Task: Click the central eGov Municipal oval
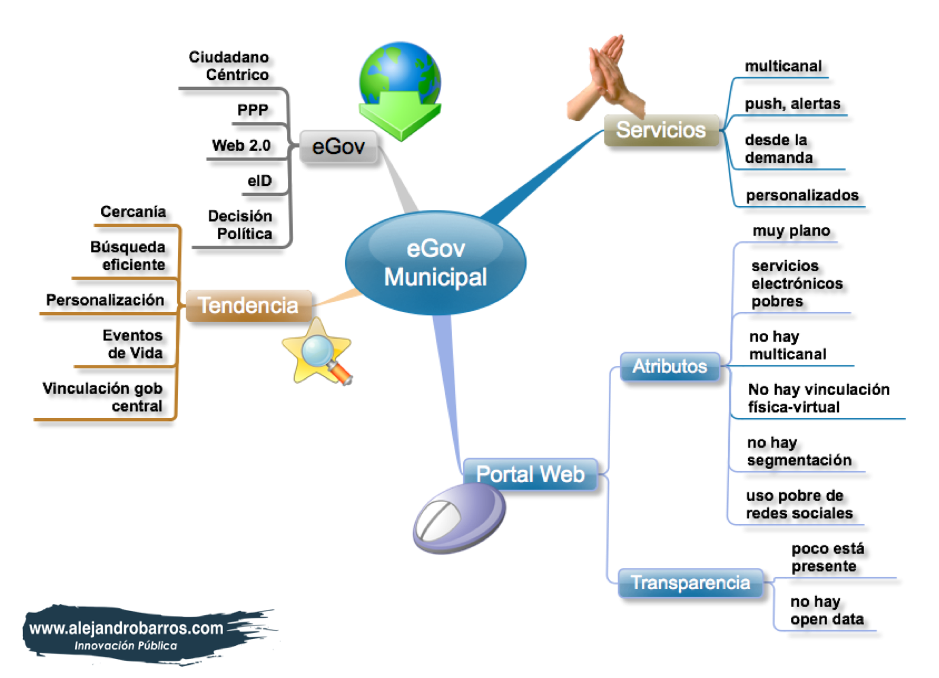[x=435, y=263]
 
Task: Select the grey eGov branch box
[x=338, y=146]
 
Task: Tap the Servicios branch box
[x=661, y=130]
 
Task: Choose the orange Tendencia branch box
[x=249, y=306]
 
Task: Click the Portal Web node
[x=530, y=474]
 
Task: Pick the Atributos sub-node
[x=670, y=367]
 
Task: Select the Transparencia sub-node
[x=690, y=583]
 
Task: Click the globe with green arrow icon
[x=400, y=89]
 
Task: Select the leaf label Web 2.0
[x=241, y=146]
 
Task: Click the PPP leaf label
[x=253, y=110]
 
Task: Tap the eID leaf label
[x=260, y=181]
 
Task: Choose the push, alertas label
[x=792, y=104]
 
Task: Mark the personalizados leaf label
[x=802, y=195]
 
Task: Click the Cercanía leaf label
[x=133, y=212]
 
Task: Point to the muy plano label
[x=791, y=231]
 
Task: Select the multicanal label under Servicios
[x=783, y=66]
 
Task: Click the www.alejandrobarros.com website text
[x=126, y=628]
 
